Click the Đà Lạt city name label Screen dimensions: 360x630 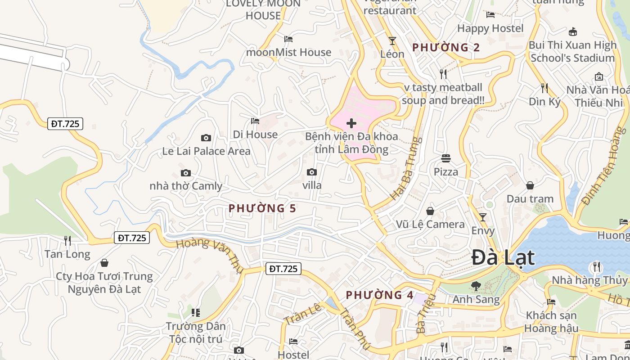(503, 258)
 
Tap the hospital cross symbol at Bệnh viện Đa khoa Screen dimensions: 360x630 (351, 123)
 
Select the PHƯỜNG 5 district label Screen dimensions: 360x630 (262, 208)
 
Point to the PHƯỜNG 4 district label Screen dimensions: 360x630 (379, 295)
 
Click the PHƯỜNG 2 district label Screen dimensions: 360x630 (446, 47)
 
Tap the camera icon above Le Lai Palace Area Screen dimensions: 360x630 (206, 138)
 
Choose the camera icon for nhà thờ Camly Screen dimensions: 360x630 (185, 173)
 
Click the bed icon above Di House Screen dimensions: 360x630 (255, 121)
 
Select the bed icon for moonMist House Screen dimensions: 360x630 (288, 39)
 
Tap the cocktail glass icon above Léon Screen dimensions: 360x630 (392, 41)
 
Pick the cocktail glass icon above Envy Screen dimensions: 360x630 (483, 217)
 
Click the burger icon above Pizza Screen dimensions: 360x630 (446, 158)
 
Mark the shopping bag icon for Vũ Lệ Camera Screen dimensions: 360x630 (430, 211)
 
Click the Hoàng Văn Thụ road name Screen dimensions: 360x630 (209, 256)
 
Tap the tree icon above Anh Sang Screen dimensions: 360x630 (476, 285)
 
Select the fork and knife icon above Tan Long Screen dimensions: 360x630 (67, 241)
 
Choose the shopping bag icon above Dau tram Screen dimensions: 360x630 (530, 185)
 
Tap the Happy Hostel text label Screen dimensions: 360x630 (490, 28)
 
